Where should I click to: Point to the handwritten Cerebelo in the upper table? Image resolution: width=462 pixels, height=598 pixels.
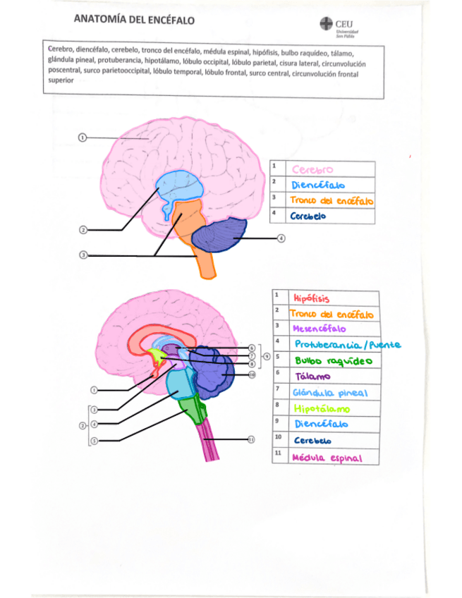308,216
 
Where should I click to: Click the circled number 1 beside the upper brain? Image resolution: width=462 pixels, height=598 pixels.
82,138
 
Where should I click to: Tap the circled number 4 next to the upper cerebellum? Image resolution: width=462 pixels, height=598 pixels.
281,238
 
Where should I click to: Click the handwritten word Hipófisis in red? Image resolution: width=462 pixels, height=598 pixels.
311,298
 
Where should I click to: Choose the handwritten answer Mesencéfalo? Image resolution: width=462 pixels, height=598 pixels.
319,329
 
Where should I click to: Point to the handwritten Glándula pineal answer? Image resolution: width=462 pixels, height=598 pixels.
327,393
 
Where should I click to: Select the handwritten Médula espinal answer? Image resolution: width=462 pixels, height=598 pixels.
327,458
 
